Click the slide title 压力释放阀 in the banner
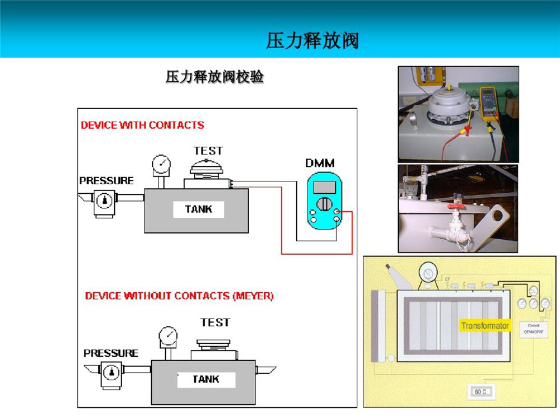(312, 40)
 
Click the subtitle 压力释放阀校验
(214, 77)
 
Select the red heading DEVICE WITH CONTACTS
(142, 125)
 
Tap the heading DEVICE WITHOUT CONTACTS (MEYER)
(179, 295)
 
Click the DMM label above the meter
(320, 163)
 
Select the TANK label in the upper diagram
(198, 209)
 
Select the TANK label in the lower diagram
(206, 379)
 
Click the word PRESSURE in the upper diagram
(106, 180)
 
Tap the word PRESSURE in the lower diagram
(110, 353)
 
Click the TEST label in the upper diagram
(208, 151)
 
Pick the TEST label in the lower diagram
(215, 322)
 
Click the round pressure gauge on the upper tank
(162, 164)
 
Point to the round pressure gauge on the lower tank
(168, 335)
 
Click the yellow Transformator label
(485, 325)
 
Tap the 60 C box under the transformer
(480, 391)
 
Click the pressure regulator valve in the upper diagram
(104, 200)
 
